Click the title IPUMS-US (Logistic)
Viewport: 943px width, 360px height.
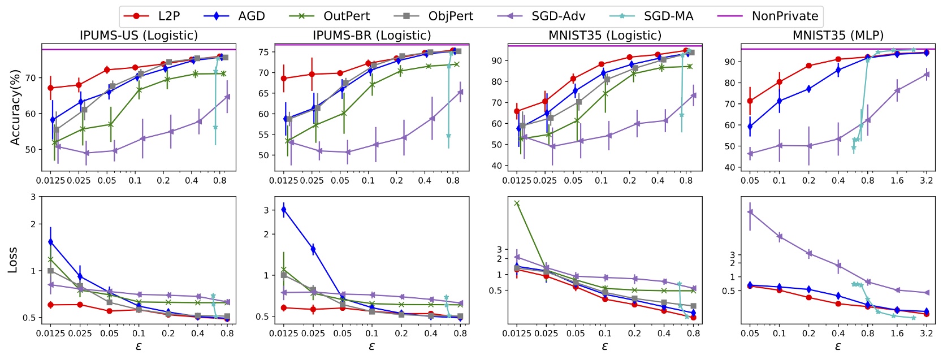click(x=139, y=36)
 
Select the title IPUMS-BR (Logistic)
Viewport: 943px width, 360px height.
click(x=371, y=36)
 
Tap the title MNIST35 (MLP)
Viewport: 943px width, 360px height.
click(x=838, y=36)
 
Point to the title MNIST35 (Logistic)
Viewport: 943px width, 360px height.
click(x=604, y=36)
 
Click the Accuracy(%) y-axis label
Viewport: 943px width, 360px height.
click(x=15, y=107)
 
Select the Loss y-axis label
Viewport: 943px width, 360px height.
click(x=12, y=260)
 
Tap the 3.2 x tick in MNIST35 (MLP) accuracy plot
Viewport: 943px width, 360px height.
click(x=926, y=180)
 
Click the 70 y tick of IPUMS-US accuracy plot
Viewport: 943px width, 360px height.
click(x=30, y=78)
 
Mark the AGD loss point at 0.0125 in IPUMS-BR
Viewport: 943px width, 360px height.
click(x=284, y=209)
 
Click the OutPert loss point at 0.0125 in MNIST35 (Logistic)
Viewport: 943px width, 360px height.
click(x=517, y=203)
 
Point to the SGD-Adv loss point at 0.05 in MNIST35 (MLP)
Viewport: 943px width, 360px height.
click(x=750, y=212)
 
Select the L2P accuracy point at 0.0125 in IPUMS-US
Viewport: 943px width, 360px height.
click(x=51, y=88)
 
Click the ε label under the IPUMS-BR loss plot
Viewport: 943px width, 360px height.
click(x=371, y=346)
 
